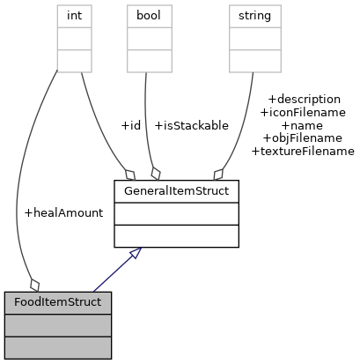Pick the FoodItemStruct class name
[57, 302]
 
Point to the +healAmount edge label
[63, 212]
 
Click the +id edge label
[129, 125]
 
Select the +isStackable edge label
[191, 125]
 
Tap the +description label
[304, 99]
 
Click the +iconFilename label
[303, 112]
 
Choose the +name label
[303, 125]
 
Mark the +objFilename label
[303, 138]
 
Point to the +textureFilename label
[303, 152]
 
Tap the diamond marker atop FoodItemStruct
[34, 284]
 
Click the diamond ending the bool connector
[156, 173]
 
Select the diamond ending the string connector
[217, 173]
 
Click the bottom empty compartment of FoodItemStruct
[57, 346]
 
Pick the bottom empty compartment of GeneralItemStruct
[176, 235]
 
